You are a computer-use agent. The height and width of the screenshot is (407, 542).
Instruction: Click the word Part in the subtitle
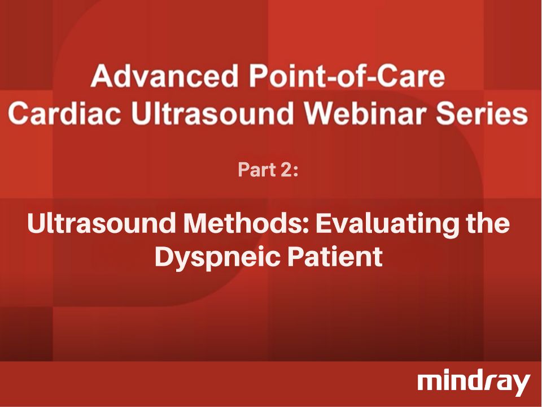pyautogui.click(x=254, y=170)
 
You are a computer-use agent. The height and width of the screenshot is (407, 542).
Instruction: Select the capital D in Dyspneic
pyautogui.click(x=164, y=257)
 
